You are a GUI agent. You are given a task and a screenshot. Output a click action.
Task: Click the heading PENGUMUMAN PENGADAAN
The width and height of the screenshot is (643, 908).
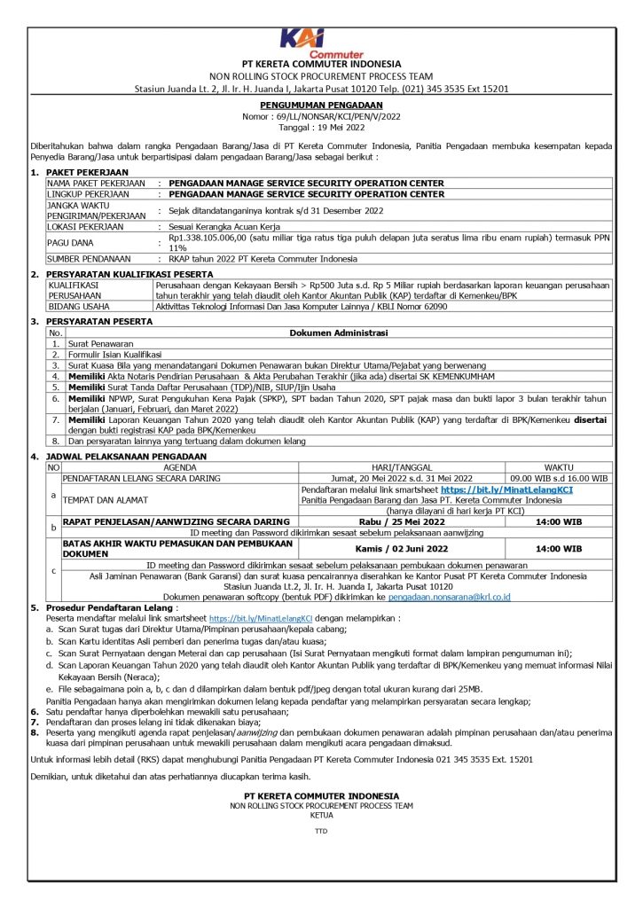pos(321,105)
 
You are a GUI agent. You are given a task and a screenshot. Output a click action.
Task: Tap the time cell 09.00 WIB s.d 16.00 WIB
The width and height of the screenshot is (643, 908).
pos(558,477)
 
